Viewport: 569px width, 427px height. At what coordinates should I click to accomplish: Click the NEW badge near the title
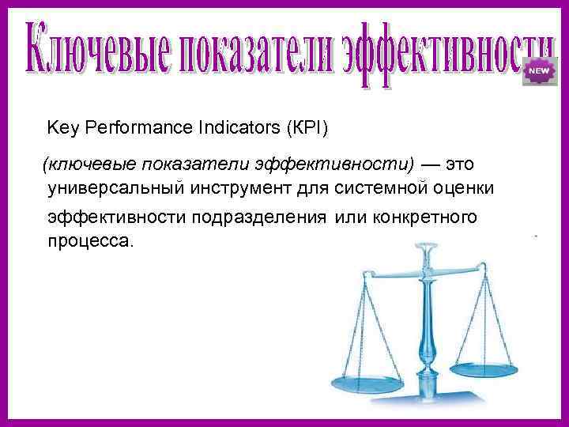(x=538, y=71)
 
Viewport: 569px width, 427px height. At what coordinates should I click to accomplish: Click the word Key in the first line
(x=62, y=127)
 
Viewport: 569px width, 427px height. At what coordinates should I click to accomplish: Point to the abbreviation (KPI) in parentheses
(x=309, y=127)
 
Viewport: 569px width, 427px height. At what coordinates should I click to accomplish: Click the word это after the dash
(x=462, y=164)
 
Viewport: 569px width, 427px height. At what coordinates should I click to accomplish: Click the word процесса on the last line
(x=91, y=240)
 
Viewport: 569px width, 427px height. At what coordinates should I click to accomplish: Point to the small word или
(x=350, y=217)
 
